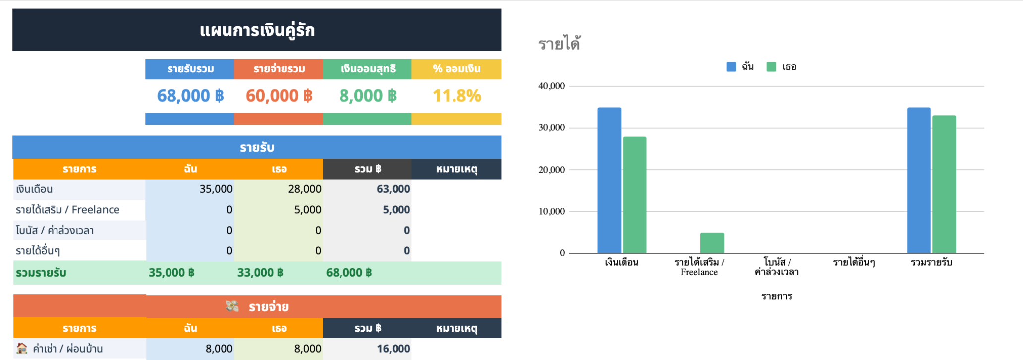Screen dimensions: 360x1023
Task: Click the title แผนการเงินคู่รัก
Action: tap(257, 30)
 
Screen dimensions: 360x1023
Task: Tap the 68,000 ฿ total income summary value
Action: tap(190, 96)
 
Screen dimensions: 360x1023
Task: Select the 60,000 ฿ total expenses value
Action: tap(279, 96)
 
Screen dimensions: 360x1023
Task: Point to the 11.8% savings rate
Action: tap(456, 96)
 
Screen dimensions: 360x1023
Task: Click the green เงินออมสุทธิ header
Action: tap(367, 69)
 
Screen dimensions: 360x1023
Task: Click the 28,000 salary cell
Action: tap(304, 189)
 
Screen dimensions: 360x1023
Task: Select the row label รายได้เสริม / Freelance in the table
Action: tap(68, 210)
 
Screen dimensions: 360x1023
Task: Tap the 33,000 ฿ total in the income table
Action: tap(260, 273)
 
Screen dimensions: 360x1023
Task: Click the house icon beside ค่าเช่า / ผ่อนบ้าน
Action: tap(22, 348)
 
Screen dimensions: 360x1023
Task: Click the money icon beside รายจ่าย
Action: tap(232, 306)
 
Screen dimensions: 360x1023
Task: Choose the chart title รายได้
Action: tap(560, 44)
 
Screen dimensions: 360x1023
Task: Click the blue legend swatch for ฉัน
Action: tap(731, 67)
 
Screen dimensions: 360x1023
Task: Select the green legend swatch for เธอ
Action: tap(771, 67)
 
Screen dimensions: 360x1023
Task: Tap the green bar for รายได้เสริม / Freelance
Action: tap(712, 243)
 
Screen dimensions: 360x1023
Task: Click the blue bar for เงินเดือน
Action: tap(609, 180)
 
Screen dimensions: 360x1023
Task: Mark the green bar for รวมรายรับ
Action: tap(944, 184)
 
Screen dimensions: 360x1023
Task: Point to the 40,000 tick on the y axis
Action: tap(552, 86)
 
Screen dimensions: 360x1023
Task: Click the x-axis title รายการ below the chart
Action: tap(777, 296)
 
